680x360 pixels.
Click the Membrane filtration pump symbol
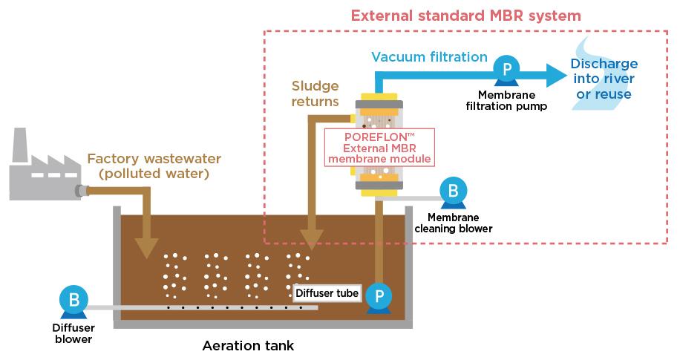tap(506, 71)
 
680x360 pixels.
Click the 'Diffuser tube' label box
tap(327, 294)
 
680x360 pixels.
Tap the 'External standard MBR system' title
tap(465, 16)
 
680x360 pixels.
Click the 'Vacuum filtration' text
tap(429, 57)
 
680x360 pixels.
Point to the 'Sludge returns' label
tap(316, 94)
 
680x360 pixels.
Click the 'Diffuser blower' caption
tap(72, 333)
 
